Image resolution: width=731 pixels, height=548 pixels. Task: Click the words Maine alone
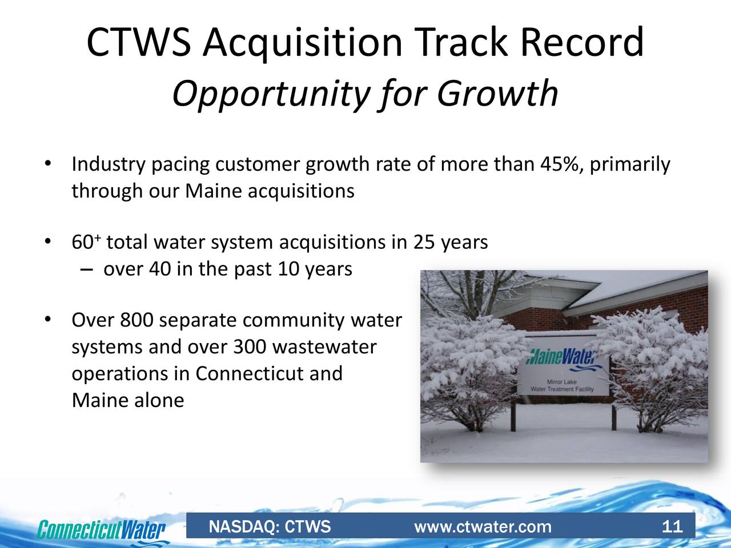pos(128,401)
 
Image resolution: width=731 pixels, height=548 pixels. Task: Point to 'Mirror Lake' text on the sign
pos(562,381)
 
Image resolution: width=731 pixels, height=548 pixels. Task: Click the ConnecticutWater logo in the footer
pos(102,529)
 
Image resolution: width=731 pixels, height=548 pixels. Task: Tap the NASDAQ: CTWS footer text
pos(270,526)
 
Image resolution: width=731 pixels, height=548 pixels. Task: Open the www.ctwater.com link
pos(483,526)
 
